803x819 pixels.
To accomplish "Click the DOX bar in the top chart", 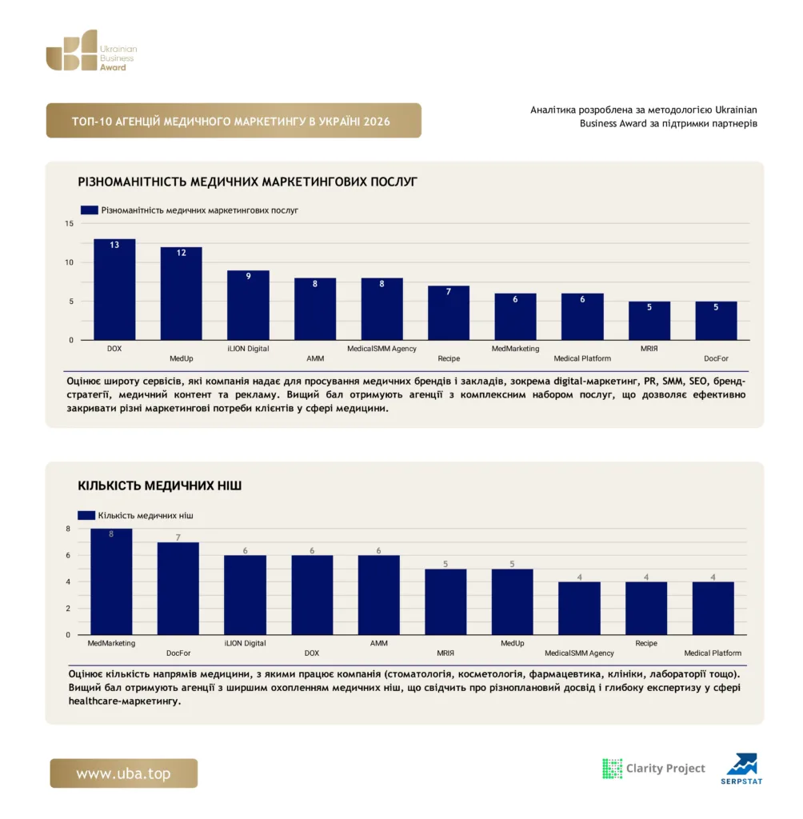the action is [114, 290].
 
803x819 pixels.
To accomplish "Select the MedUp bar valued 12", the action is [182, 294].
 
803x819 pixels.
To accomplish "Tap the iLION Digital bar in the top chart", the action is [248, 305].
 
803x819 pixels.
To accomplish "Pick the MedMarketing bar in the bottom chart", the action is [111, 582].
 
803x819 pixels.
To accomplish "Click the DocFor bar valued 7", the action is [178, 589].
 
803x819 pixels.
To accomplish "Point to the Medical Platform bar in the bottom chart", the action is [713, 609].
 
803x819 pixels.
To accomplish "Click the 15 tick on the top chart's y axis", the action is [70, 224].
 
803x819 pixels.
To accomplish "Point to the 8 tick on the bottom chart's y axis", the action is [68, 529].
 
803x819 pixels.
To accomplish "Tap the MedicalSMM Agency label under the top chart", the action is [382, 349].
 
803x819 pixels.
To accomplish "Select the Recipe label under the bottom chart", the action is [646, 643].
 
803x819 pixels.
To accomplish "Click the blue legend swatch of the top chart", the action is [90, 210].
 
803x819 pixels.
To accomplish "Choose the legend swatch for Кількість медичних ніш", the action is [86, 515].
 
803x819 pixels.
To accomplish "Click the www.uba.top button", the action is [124, 773].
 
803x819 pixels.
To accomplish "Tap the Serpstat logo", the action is [742, 769].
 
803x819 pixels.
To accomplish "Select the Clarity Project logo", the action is [653, 769].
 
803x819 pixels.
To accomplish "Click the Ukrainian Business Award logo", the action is [91, 50].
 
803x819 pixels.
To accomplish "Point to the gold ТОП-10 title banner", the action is [234, 121].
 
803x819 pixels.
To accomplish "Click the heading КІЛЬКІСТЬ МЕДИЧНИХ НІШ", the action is [160, 485].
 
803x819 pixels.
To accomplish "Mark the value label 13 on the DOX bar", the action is [114, 245].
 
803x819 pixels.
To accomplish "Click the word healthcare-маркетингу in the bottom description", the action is [124, 701].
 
